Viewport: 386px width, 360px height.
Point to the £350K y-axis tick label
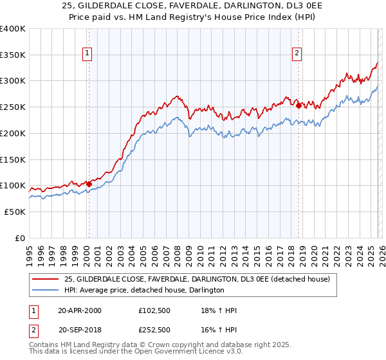(x=13, y=55)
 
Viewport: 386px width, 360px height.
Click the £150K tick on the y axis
(x=13, y=159)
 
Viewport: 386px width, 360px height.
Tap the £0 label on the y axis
(x=20, y=238)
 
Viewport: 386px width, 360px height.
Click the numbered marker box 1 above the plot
(x=87, y=54)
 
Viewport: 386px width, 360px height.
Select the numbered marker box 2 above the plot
(x=297, y=54)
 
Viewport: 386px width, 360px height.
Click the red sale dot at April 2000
(x=89, y=184)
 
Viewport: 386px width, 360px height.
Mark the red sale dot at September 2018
(x=299, y=105)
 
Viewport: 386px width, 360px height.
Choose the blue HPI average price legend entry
(x=144, y=290)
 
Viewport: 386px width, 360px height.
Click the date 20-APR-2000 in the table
(x=80, y=310)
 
